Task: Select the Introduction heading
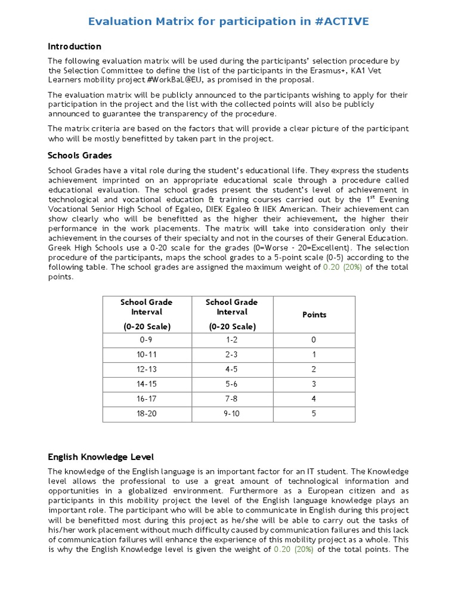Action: click(x=75, y=47)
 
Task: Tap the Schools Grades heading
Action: click(x=80, y=156)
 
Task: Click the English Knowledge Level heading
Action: click(x=101, y=457)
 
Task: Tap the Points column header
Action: click(x=314, y=314)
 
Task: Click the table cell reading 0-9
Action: click(x=146, y=340)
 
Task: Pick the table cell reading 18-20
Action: click(x=146, y=413)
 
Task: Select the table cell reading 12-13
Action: click(x=146, y=369)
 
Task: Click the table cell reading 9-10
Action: click(x=231, y=413)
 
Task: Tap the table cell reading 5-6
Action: click(x=231, y=384)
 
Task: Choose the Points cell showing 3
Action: click(x=314, y=384)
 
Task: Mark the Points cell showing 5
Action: click(x=314, y=413)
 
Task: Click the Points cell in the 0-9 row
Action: click(x=314, y=340)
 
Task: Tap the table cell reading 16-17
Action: click(x=146, y=399)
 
